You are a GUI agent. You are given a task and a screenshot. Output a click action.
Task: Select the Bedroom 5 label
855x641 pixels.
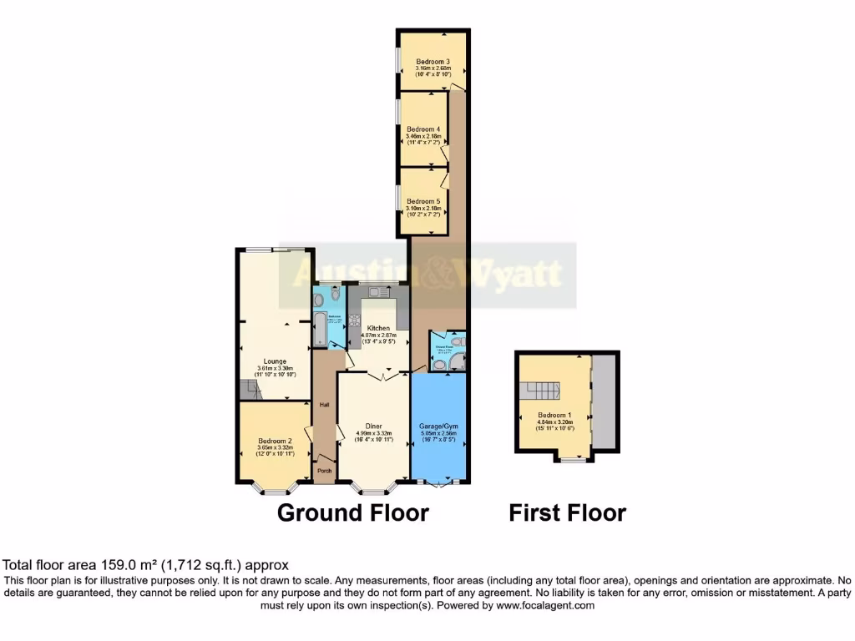click(x=422, y=201)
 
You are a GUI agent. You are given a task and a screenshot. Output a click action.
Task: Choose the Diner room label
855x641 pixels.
click(x=373, y=426)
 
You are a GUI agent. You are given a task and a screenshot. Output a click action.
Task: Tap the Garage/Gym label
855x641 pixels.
click(x=438, y=426)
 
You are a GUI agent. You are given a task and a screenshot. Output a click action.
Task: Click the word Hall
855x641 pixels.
click(x=325, y=405)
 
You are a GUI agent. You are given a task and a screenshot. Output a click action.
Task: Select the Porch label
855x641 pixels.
click(x=325, y=471)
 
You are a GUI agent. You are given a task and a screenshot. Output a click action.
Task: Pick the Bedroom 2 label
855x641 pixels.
click(x=275, y=441)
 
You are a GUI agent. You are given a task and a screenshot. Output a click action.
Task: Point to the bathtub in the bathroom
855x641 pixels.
click(x=319, y=328)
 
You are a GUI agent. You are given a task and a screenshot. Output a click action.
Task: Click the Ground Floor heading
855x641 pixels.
click(x=352, y=512)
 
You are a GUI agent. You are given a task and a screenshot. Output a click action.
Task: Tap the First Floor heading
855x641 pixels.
click(x=567, y=512)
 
